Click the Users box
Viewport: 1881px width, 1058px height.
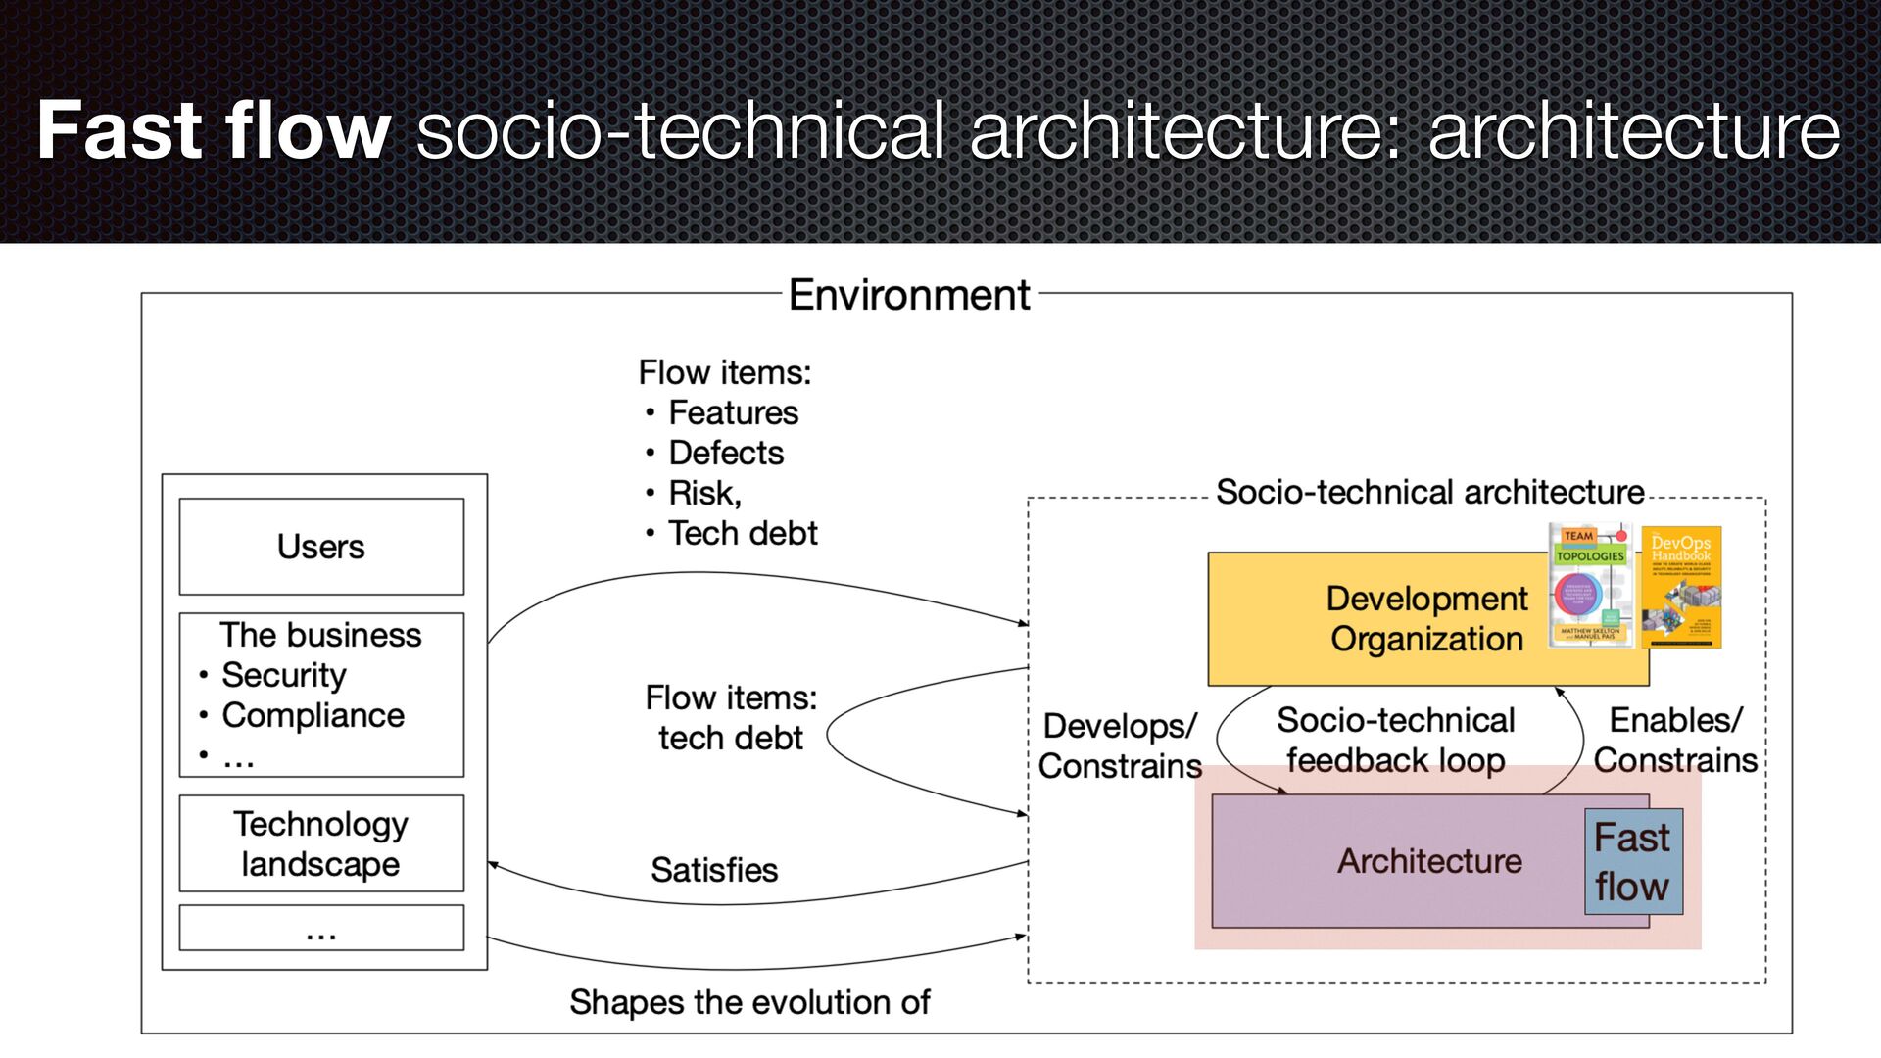(321, 547)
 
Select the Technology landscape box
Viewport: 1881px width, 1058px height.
(321, 843)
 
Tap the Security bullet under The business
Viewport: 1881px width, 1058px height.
(283, 675)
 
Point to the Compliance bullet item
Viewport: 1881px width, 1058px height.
(313, 715)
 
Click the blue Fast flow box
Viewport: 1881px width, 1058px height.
(1633, 862)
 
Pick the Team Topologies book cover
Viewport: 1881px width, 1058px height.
(1589, 586)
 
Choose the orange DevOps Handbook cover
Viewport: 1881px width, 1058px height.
(1681, 587)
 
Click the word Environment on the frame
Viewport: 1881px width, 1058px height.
(909, 295)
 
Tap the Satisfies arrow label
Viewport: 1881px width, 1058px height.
(714, 870)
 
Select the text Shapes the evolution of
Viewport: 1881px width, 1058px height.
(749, 1002)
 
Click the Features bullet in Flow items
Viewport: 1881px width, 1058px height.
(733, 413)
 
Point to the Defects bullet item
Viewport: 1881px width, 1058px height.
(726, 454)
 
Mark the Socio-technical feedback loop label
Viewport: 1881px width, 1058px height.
(1396, 741)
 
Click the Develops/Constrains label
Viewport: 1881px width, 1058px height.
(1120, 745)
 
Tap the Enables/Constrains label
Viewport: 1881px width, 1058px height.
(1675, 741)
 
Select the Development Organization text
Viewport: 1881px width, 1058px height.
(1426, 618)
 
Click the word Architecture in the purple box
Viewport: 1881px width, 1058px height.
(1429, 861)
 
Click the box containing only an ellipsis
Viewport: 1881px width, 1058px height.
(321, 928)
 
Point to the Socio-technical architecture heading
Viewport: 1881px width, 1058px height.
(1429, 492)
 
